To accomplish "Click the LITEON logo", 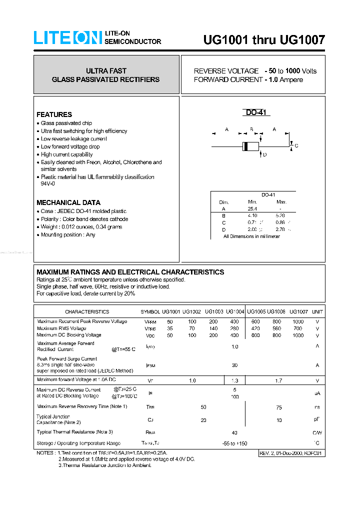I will [x=67, y=38].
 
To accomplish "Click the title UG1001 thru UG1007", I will [x=264, y=40].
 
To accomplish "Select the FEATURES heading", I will [x=54, y=114].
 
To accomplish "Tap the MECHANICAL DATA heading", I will [x=68, y=202].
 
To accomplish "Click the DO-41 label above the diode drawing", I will [x=257, y=113].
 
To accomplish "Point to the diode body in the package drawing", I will [x=250, y=146].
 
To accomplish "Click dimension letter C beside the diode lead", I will [x=296, y=146].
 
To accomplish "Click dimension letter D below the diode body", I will [x=264, y=154].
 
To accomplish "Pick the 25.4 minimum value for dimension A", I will [x=252, y=208].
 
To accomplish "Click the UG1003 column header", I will [x=213, y=311].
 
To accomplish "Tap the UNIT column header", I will [x=317, y=311].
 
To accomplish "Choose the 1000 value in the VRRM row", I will [x=298, y=321].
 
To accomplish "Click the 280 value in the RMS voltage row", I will [x=234, y=328].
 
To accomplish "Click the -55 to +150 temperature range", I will [x=234, y=443].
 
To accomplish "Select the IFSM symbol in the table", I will [x=150, y=365].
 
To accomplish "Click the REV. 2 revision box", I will [x=291, y=453].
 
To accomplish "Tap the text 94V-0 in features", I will [x=48, y=184].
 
